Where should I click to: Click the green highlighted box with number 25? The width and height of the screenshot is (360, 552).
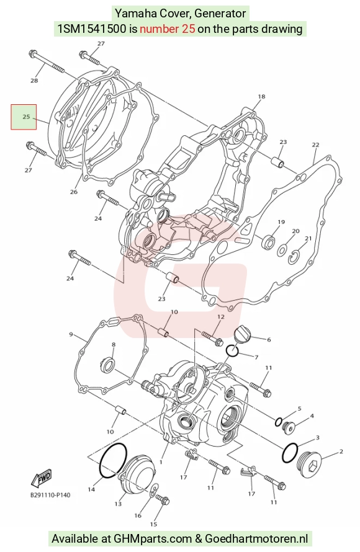(x=24, y=117)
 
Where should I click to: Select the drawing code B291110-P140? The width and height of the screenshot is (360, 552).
(x=50, y=495)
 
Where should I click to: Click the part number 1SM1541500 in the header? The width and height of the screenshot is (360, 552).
(x=92, y=29)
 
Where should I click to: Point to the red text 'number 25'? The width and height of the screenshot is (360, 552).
(x=168, y=29)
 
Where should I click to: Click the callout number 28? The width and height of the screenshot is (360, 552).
(x=34, y=81)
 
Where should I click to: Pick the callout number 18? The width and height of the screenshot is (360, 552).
(x=261, y=97)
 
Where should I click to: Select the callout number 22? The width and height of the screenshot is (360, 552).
(x=315, y=145)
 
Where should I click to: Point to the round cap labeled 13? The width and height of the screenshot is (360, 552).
(x=137, y=476)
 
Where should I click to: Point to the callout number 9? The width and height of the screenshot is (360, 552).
(x=71, y=334)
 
